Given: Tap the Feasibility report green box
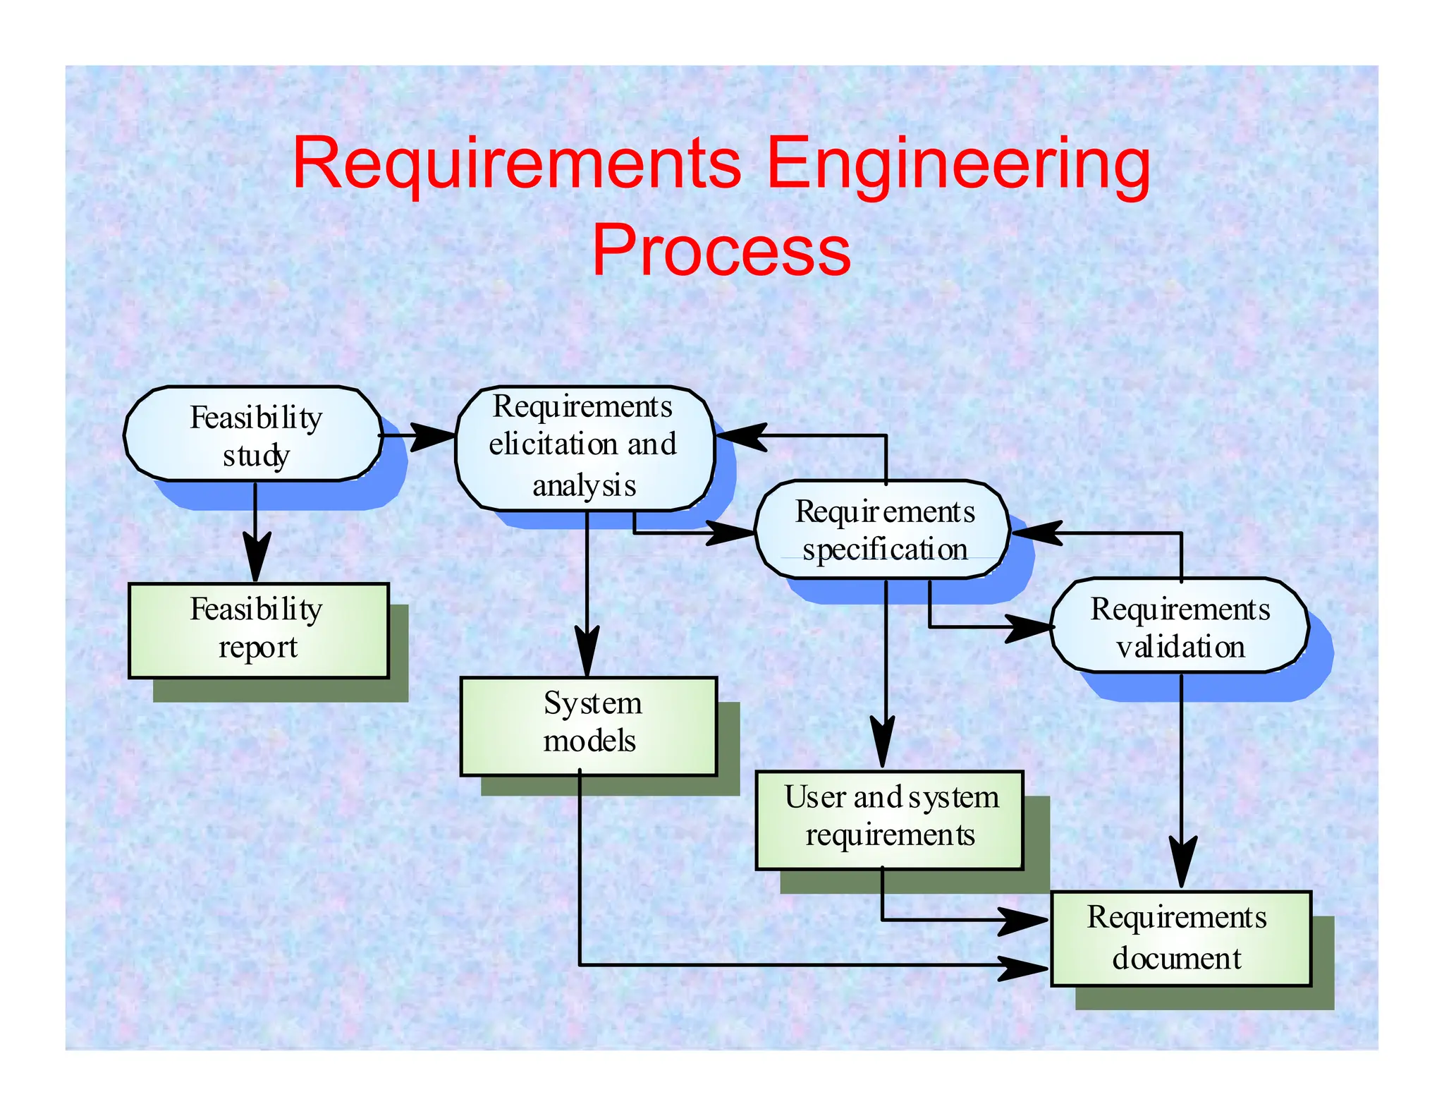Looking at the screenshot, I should point(258,630).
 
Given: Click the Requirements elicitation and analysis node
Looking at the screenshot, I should point(584,447).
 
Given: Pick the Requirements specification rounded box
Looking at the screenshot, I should point(883,530).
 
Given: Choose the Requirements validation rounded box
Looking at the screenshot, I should point(1180,626).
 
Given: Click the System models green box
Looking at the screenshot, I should point(589,725).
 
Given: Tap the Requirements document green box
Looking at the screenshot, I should point(1180,938).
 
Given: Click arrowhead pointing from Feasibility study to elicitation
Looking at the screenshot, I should point(432,437).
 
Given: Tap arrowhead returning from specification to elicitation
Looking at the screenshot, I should point(740,435).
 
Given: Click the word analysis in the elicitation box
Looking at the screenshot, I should point(584,486).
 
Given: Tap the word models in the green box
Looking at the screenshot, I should point(589,741).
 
